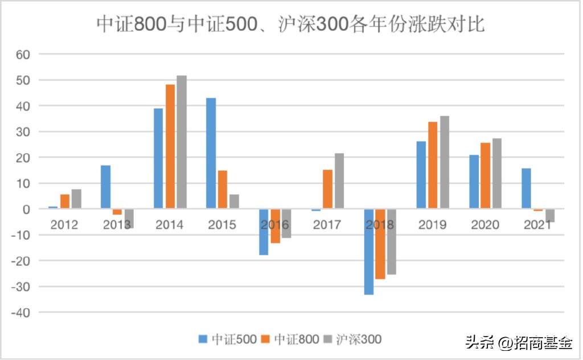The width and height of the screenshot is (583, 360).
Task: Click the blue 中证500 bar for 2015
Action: tap(211, 153)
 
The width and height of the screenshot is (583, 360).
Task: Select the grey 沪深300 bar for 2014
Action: tap(181, 142)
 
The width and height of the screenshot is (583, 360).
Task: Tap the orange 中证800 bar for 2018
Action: tap(380, 244)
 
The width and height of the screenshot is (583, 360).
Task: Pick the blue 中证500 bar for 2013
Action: tap(105, 187)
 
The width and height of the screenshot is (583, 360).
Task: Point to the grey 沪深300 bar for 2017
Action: tap(339, 181)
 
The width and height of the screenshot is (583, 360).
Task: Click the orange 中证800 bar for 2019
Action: tap(433, 165)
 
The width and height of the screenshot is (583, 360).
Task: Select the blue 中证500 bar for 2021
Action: tap(527, 189)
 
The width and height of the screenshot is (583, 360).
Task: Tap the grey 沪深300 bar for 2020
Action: tap(496, 173)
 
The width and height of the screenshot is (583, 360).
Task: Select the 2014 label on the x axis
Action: tap(170, 225)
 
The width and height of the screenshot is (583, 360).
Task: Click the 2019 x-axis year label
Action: tap(433, 225)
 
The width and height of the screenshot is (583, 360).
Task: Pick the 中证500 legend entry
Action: tap(228, 339)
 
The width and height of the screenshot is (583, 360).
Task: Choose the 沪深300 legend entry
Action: tap(352, 339)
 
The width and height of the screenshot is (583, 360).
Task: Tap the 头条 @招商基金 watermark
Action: tap(519, 343)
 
